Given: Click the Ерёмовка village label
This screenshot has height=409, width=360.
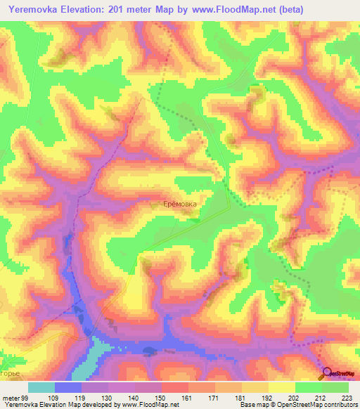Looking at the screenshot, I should [181, 204].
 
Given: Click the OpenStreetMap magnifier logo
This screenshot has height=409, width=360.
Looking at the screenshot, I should [327, 374].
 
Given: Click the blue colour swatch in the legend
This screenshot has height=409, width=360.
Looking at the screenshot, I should [68, 387].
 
